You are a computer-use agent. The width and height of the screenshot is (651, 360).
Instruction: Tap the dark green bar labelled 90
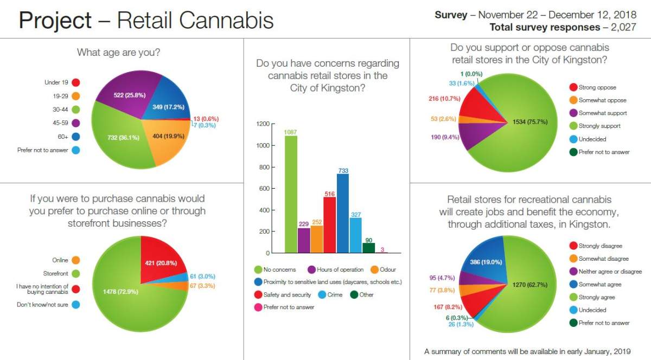(x=368, y=248)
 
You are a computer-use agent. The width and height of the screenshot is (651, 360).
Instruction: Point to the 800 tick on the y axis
(x=263, y=167)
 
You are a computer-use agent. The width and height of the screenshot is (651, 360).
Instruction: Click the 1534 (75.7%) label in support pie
(x=526, y=121)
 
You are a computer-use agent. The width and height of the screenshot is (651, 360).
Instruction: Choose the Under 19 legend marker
(x=75, y=83)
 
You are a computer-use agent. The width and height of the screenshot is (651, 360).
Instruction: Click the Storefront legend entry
(x=56, y=273)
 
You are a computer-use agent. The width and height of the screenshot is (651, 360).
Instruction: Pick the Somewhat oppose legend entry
(x=602, y=100)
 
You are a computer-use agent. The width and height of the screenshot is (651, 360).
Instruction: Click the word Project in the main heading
(x=55, y=21)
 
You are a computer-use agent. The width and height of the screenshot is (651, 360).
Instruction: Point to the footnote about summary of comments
(x=527, y=351)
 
